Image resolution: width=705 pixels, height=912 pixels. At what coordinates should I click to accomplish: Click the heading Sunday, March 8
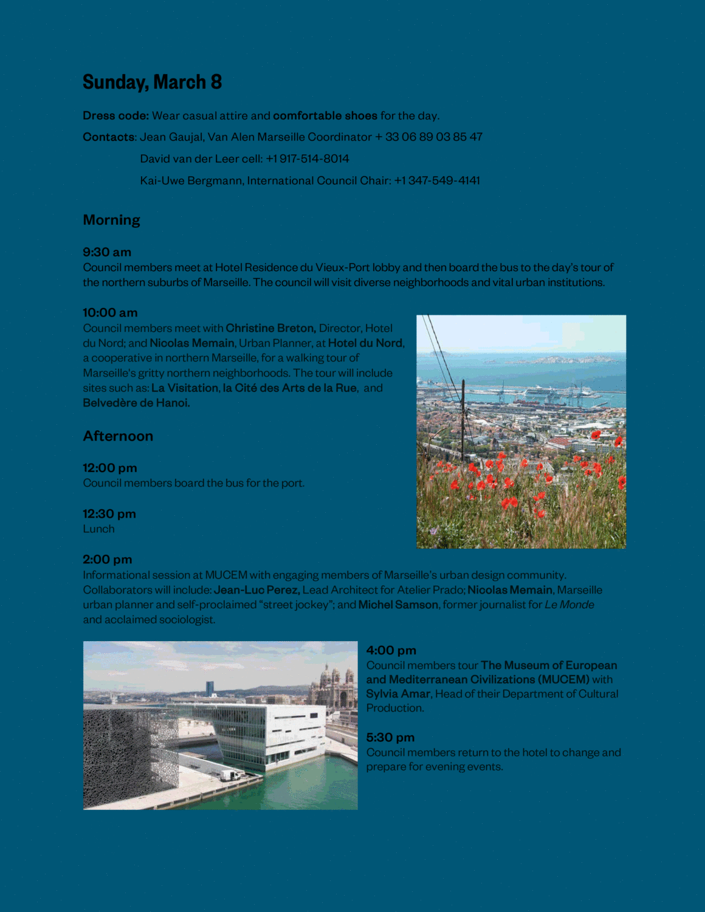152,82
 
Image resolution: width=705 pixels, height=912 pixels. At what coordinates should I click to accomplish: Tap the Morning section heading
111,220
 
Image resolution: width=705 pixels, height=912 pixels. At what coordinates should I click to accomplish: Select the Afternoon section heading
118,436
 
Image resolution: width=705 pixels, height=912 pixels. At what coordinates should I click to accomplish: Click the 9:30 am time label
107,252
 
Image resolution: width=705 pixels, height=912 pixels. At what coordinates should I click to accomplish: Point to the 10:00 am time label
110,313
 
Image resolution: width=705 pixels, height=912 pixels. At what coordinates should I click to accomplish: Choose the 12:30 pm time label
109,514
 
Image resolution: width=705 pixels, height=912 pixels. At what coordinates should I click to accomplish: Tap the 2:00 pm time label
107,560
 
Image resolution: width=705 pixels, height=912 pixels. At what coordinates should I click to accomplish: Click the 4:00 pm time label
391,651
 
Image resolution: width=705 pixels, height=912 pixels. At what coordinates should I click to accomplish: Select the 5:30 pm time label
390,738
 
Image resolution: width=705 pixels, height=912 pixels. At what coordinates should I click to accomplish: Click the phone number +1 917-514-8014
308,159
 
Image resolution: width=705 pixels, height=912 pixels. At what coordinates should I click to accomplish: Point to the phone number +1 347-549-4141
437,180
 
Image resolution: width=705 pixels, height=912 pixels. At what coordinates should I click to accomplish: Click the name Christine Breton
270,328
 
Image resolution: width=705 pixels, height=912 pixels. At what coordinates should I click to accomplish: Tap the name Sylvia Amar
398,694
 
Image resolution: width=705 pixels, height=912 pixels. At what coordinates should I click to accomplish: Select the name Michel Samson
398,605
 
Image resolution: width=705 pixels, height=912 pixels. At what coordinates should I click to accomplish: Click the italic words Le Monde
569,605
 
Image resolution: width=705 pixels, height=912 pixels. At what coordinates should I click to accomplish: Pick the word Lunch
98,529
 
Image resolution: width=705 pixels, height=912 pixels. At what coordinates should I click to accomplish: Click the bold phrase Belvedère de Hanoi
136,403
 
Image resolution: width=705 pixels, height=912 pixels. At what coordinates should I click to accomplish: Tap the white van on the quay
230,775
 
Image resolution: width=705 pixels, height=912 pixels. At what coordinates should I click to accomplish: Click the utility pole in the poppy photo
463,419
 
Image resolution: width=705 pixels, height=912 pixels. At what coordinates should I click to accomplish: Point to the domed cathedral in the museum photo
332,687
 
